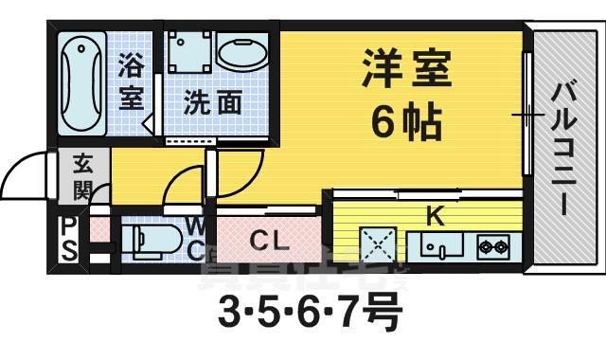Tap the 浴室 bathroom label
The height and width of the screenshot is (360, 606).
tap(131, 81)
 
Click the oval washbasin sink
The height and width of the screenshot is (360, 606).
tap(245, 52)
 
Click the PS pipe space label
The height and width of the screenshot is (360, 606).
tap(69, 238)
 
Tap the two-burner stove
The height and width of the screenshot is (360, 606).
tap(493, 248)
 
